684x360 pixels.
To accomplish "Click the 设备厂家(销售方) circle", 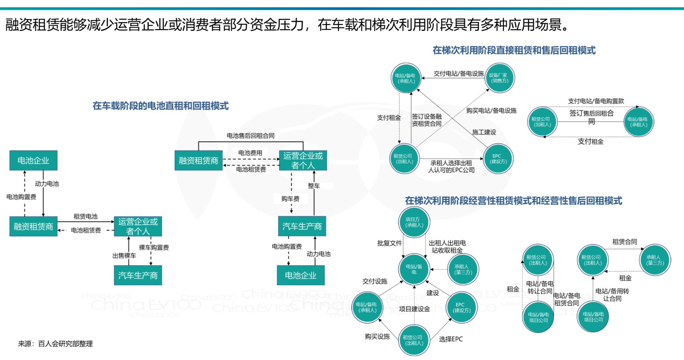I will pyautogui.click(x=500, y=78).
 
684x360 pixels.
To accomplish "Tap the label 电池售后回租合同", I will pyautogui.click(x=250, y=135).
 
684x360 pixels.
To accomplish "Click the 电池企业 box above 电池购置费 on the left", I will pyautogui.click(x=33, y=160).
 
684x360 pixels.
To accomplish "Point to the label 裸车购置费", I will pyautogui.click(x=154, y=247).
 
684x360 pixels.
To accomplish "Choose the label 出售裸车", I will pyautogui.click(x=124, y=256).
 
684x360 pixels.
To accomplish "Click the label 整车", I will pyautogui.click(x=314, y=186).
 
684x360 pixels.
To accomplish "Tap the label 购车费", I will pyautogui.click(x=290, y=199).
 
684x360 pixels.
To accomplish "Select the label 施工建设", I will pyautogui.click(x=484, y=132).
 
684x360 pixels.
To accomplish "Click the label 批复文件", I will pyautogui.click(x=389, y=243).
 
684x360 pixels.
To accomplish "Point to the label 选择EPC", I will pyautogui.click(x=451, y=339).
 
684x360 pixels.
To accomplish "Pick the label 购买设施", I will pyautogui.click(x=377, y=337).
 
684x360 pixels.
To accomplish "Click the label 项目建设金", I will pyautogui.click(x=414, y=309).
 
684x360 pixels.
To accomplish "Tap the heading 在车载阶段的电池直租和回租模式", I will pyautogui.click(x=160, y=106).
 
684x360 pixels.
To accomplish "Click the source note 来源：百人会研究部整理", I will pyautogui.click(x=55, y=343).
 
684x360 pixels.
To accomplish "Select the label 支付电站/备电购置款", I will pyautogui.click(x=596, y=101).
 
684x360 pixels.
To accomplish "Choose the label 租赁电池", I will pyautogui.click(x=85, y=216).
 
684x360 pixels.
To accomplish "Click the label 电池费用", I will pyautogui.click(x=250, y=153).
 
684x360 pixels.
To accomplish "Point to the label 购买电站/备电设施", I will pyautogui.click(x=491, y=110).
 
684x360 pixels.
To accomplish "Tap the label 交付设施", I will pyautogui.click(x=375, y=281).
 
